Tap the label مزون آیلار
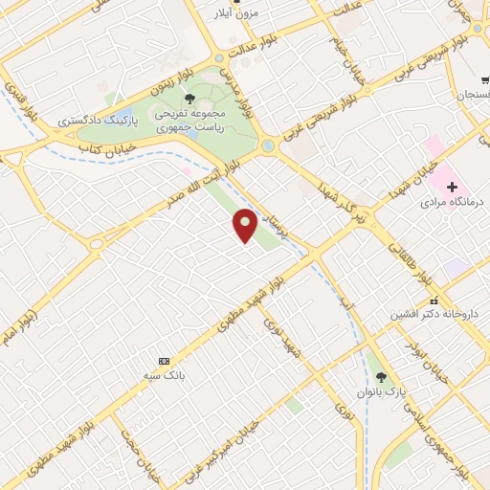click(x=239, y=15)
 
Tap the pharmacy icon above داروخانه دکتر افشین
click(x=419, y=301)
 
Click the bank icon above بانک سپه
click(x=164, y=361)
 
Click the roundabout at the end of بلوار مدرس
click(x=268, y=145)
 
